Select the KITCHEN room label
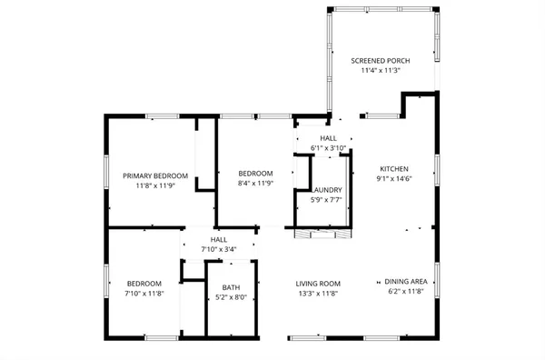pos(394,169)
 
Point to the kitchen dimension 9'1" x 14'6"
pos(394,179)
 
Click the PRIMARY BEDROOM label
pos(155,175)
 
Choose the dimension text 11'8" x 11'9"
pos(155,185)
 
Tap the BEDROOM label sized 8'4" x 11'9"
pos(255,174)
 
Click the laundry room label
pos(329,189)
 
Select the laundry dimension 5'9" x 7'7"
pos(328,199)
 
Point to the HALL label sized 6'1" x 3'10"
pos(328,138)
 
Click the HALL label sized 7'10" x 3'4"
pos(218,239)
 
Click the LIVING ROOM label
pos(317,284)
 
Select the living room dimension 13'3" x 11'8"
pos(317,294)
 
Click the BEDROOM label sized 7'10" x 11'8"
pos(144,284)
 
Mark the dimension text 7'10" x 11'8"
pos(144,294)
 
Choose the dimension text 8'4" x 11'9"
pos(255,184)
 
